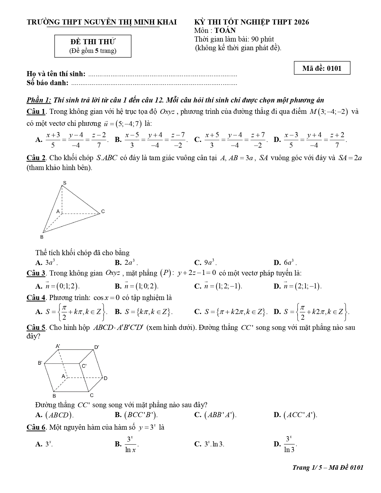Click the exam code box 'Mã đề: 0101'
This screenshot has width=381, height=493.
pos(322,68)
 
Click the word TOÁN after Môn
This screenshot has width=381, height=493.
pos(225,30)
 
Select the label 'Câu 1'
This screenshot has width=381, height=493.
pos(36,112)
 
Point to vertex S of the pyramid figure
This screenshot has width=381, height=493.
pos(64,183)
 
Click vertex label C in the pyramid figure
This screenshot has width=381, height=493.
pos(103,212)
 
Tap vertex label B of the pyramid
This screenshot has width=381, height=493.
pos(42,237)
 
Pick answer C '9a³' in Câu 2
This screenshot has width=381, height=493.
pos(206,263)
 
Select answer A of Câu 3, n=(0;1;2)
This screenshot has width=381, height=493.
pos(58,286)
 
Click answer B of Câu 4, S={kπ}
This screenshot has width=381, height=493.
pos(144,312)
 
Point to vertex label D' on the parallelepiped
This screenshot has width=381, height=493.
pos(97,347)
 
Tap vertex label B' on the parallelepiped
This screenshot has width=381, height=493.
pos(40,363)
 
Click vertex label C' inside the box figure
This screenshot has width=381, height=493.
pos(84,366)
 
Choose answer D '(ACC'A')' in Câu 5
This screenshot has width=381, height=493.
pos(296,415)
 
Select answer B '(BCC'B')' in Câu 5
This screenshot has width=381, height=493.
pos(137,415)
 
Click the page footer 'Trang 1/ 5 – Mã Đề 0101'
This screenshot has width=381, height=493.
pos(328,468)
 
